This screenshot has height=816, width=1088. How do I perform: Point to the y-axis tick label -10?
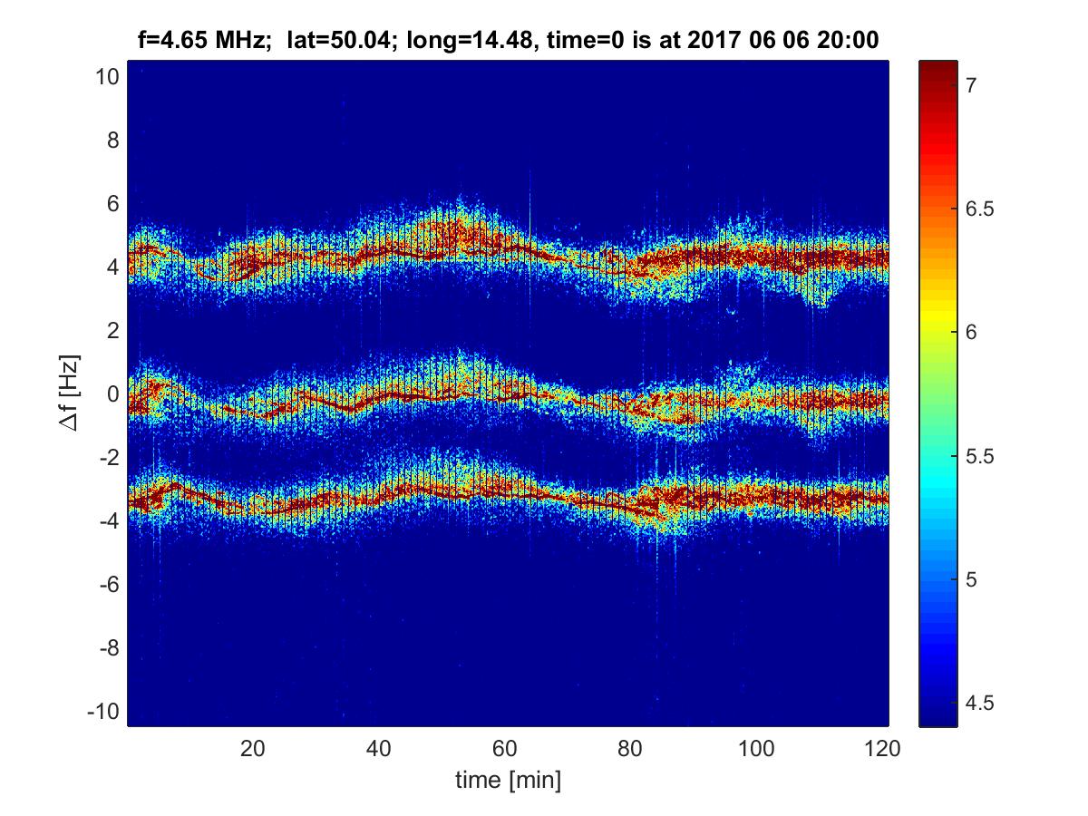103,711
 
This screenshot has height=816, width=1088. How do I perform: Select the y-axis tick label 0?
112,394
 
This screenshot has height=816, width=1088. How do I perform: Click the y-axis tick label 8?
112,141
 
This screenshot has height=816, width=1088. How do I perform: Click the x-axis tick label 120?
883,749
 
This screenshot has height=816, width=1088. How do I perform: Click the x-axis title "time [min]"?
508,780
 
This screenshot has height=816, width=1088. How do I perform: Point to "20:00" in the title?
849,40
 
